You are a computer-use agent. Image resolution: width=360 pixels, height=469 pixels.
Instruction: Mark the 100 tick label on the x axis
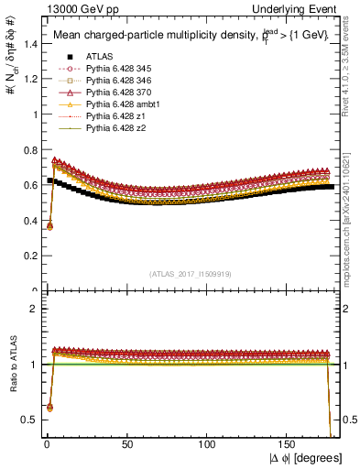[x=209, y=444]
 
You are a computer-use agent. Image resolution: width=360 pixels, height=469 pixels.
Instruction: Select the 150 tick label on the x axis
[x=289, y=444]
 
